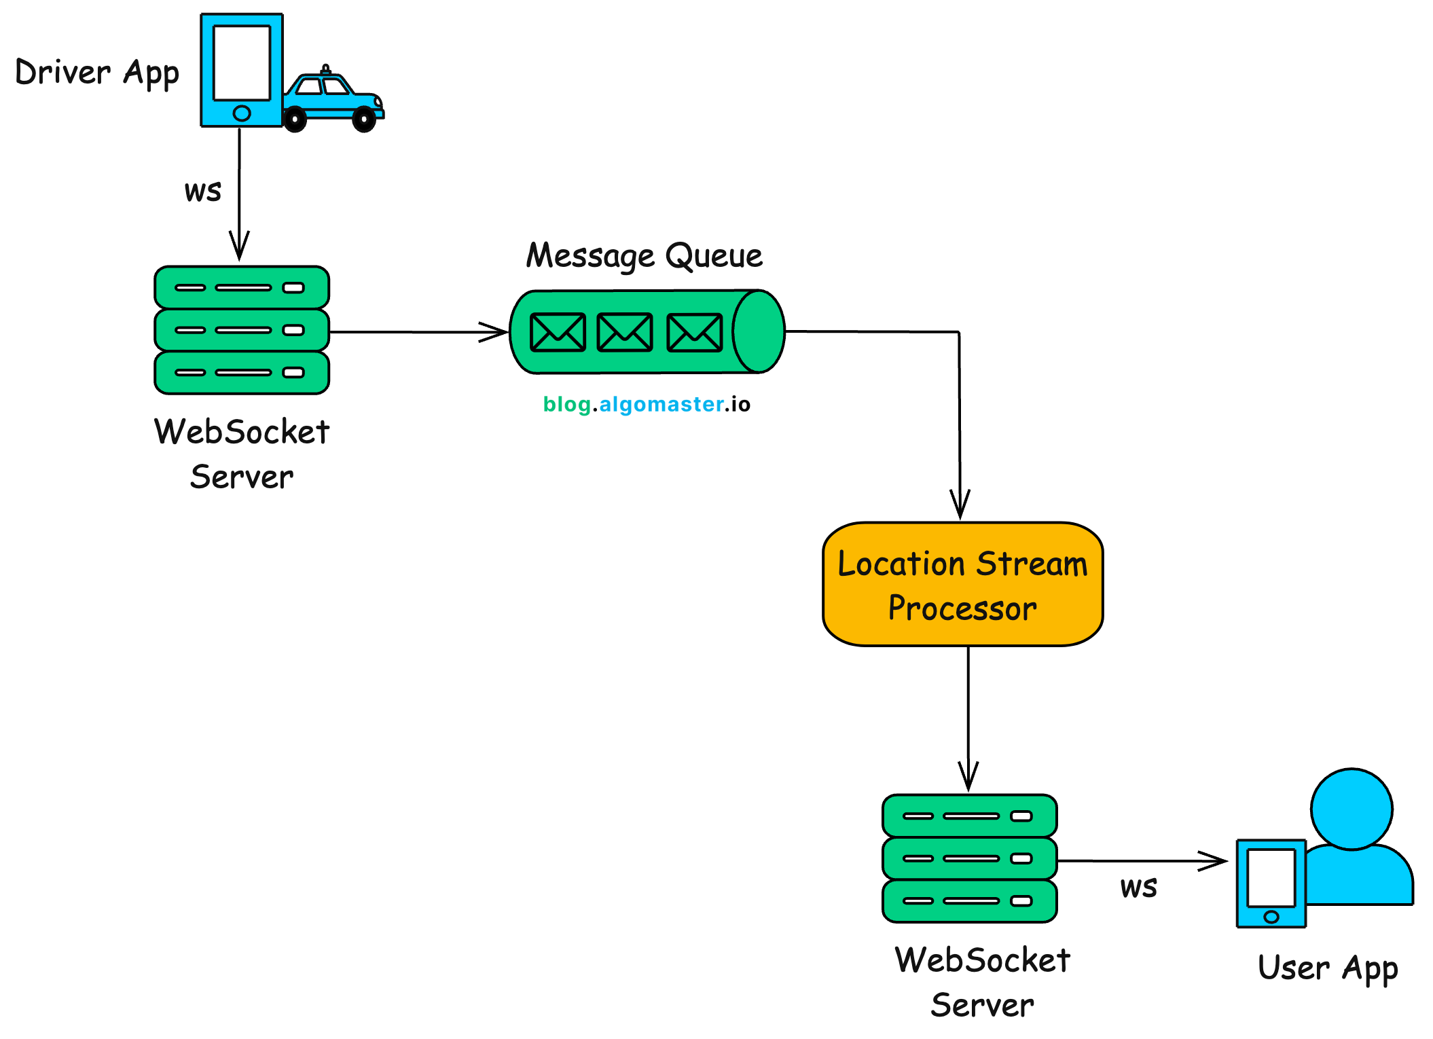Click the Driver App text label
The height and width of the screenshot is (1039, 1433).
coord(97,73)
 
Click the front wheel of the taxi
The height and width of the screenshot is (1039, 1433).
coord(364,120)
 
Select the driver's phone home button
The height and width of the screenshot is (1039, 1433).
coord(242,113)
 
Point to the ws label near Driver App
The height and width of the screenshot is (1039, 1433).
coord(202,192)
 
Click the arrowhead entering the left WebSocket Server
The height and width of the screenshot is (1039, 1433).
coord(239,247)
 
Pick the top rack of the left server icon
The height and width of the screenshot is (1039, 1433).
coord(242,287)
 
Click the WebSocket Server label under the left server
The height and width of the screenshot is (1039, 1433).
coord(242,454)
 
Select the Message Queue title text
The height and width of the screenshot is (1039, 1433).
coord(644,256)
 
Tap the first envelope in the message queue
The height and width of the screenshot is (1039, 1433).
coord(558,332)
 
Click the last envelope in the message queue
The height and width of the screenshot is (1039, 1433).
coord(694,332)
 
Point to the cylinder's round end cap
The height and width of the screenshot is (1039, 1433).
coord(759,331)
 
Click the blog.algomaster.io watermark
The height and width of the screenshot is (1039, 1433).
coord(647,404)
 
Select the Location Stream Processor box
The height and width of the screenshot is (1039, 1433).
coord(962,584)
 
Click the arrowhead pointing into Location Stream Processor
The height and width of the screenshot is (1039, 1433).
coord(960,506)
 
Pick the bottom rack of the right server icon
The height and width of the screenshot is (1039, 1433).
coord(969,901)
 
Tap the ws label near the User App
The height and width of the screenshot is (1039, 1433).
coord(1138,888)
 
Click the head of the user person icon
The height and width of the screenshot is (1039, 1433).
coord(1352,809)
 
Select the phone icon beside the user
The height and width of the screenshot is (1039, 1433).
coord(1271,883)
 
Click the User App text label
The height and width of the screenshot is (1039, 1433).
coord(1327,968)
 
